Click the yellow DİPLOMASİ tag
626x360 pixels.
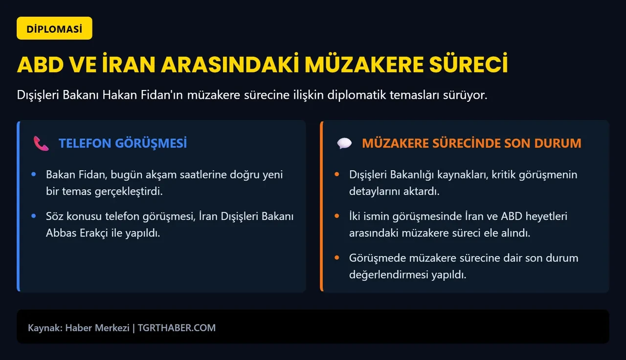click(x=54, y=29)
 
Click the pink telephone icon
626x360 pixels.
click(x=41, y=143)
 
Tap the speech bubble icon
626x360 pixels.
click(x=344, y=143)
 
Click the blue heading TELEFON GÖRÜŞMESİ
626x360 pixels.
click(x=123, y=143)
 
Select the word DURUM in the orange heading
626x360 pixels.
click(x=558, y=143)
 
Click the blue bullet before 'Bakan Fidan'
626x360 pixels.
click(x=33, y=175)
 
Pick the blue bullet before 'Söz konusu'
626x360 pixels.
click(x=33, y=216)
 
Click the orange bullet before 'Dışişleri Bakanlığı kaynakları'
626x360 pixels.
click(x=336, y=175)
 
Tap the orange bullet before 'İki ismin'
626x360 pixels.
click(x=336, y=216)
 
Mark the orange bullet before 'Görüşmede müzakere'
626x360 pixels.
click(x=336, y=258)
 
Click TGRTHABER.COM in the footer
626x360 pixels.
click(x=177, y=328)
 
